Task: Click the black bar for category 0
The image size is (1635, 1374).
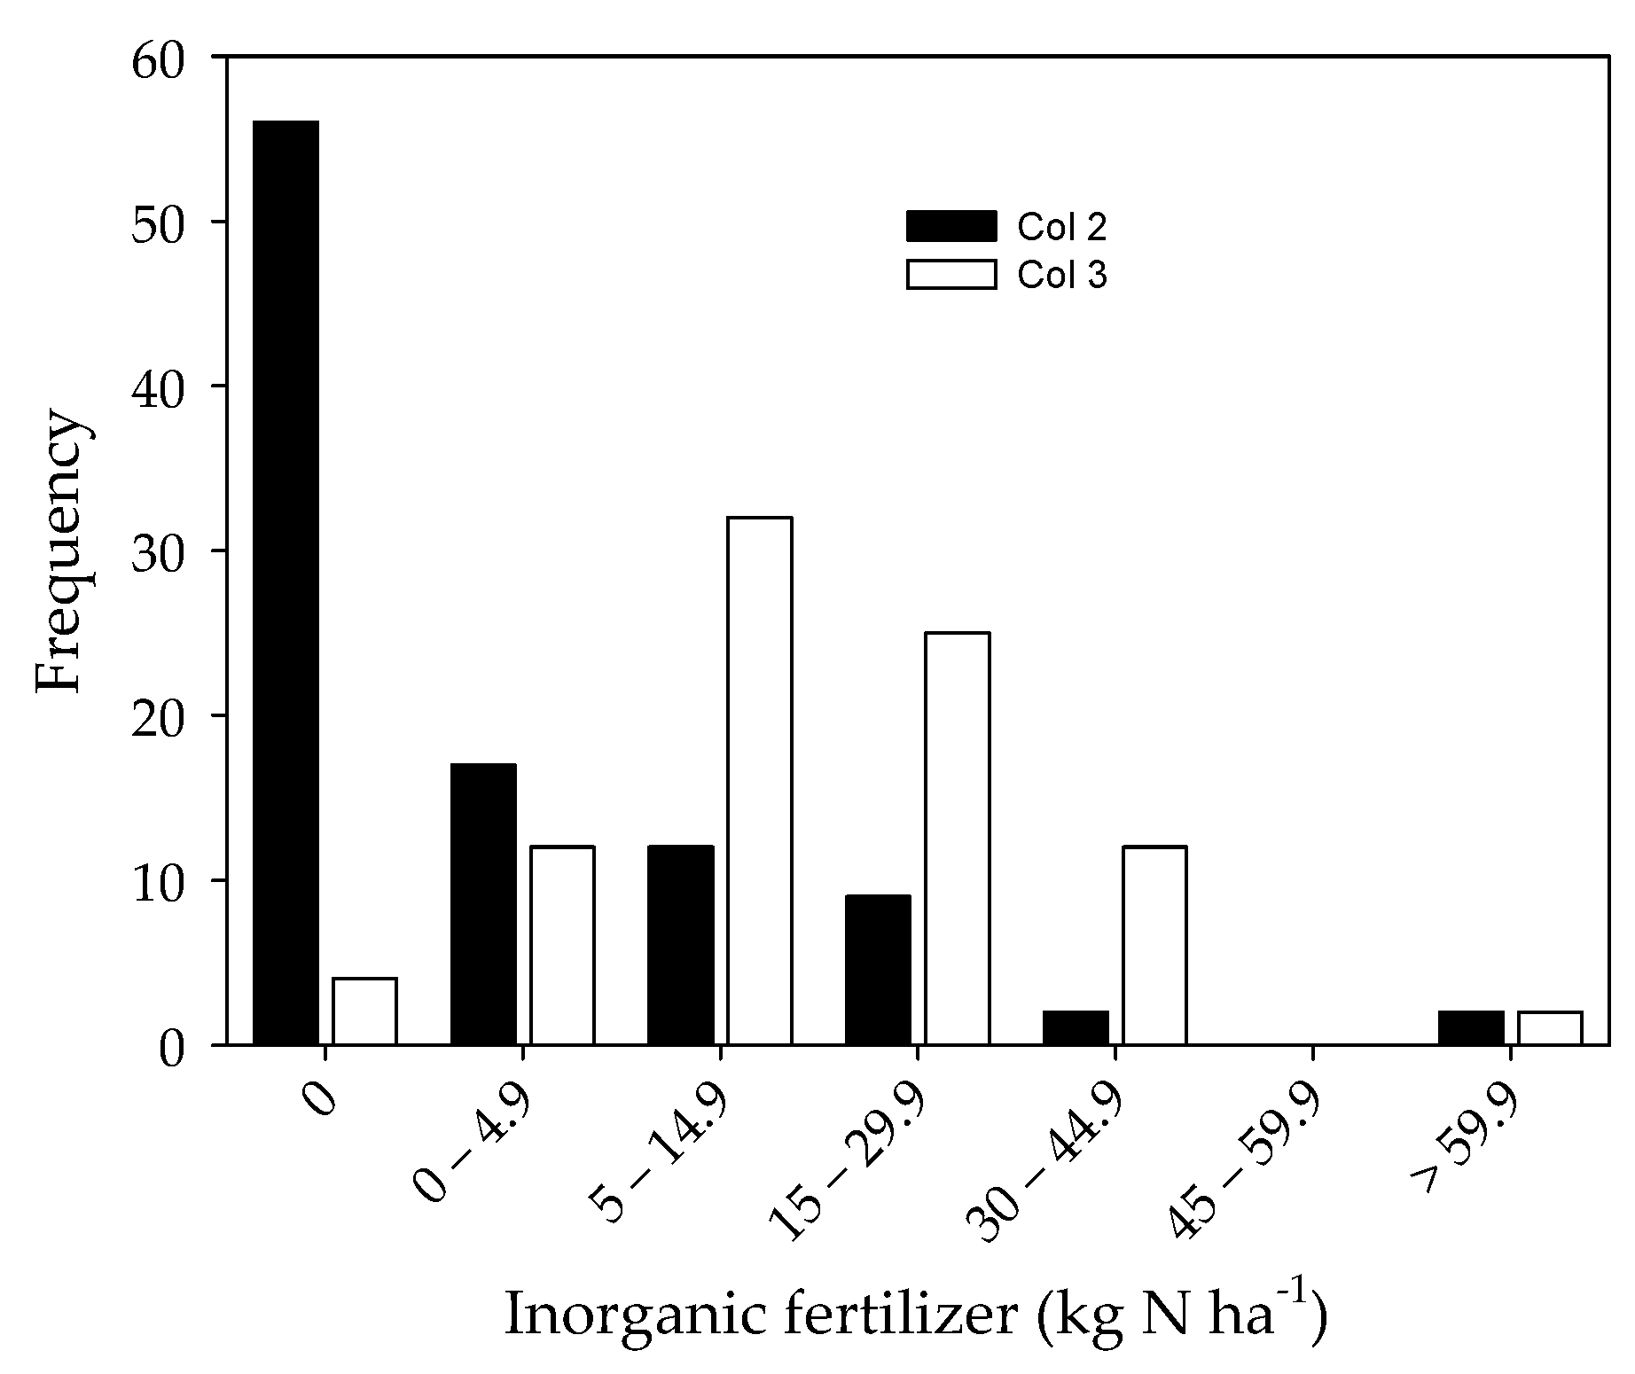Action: pyautogui.click(x=286, y=582)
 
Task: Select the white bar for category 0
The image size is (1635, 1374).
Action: pyautogui.click(x=364, y=1011)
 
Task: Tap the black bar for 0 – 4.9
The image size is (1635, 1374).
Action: pyautogui.click(x=483, y=904)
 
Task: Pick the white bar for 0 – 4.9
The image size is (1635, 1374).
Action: pyautogui.click(x=562, y=945)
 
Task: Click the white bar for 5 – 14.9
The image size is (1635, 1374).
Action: pyautogui.click(x=759, y=780)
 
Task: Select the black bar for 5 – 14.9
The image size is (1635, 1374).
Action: pyautogui.click(x=680, y=945)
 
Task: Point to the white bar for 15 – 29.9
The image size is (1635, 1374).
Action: pyautogui.click(x=957, y=838)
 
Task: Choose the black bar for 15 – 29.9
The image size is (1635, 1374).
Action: pyautogui.click(x=878, y=970)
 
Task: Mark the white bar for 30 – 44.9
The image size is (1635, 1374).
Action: pyautogui.click(x=1154, y=945)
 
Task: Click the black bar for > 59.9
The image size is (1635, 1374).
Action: pyautogui.click(x=1471, y=1027)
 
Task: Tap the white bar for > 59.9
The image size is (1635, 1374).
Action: pyautogui.click(x=1550, y=1027)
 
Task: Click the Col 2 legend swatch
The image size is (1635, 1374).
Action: pyautogui.click(x=950, y=226)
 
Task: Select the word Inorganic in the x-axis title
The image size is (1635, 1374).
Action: pyautogui.click(x=634, y=1315)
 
